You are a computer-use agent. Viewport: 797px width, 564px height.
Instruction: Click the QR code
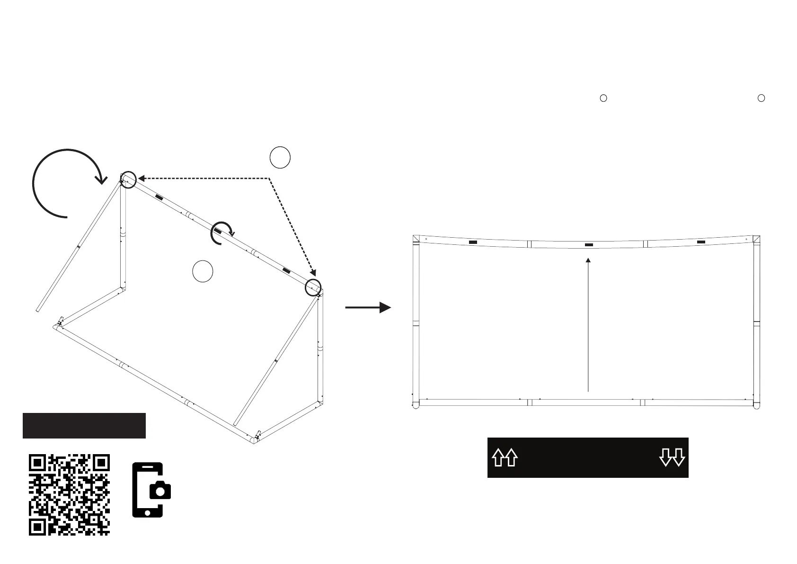[x=69, y=495]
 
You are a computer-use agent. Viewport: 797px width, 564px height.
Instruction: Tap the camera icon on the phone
[x=160, y=490]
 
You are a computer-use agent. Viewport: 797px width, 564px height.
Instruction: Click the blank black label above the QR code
[x=84, y=426]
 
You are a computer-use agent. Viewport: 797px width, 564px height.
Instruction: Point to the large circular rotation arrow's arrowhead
[x=101, y=179]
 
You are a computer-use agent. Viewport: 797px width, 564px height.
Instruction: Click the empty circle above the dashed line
[x=280, y=158]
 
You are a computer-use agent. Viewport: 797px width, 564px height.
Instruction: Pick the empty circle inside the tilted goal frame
[x=203, y=271]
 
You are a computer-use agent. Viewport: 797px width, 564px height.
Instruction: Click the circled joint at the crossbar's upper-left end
[x=128, y=179]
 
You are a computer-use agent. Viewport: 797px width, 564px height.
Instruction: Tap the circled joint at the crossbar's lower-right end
[x=313, y=287]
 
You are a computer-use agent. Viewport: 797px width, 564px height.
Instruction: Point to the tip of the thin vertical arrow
[x=588, y=260]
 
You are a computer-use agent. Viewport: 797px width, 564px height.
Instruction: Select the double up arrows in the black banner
[x=505, y=458]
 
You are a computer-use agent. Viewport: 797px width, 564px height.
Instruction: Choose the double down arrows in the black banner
[x=672, y=458]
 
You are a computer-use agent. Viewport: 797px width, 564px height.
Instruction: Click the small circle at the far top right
[x=761, y=98]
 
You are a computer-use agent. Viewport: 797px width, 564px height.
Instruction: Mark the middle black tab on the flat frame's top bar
[x=588, y=245]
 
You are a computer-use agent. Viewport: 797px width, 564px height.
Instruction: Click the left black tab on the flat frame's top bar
[x=472, y=242]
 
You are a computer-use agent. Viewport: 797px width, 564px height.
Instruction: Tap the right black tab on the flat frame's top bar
[x=701, y=242]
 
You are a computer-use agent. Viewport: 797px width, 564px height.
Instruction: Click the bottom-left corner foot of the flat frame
[x=416, y=405]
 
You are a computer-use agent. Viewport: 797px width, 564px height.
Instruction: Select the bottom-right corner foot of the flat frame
[x=756, y=405]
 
